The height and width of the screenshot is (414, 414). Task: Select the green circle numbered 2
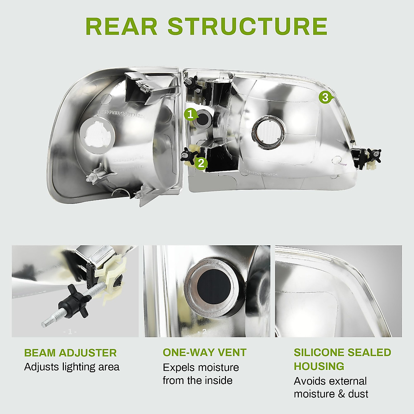click(x=201, y=163)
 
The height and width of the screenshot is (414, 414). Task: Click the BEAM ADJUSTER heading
click(x=70, y=353)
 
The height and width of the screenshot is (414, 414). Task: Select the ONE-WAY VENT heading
click(x=205, y=352)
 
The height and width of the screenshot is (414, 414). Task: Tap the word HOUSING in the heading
click(x=319, y=366)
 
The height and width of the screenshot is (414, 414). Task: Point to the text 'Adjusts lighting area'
click(x=72, y=367)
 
